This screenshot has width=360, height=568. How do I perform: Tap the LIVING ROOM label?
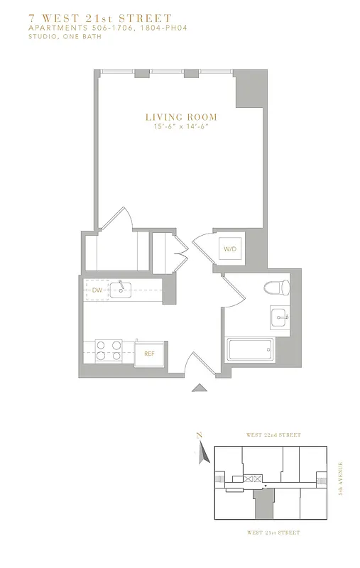[x=181, y=117]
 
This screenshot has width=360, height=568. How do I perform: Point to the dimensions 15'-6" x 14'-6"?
[x=181, y=126]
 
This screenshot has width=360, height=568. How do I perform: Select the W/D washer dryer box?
[x=230, y=249]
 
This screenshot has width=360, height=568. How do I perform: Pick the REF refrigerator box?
[x=149, y=353]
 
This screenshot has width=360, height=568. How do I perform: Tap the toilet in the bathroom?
[x=276, y=288]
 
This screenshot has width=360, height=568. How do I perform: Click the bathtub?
[x=250, y=350]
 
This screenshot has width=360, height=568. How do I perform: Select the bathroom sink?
[x=279, y=317]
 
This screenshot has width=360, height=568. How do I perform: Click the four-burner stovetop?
[x=109, y=351]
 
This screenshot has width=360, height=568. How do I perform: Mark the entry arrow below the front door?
[x=201, y=387]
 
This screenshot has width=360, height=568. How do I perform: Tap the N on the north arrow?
[x=200, y=435]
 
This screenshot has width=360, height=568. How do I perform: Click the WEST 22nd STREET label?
[x=273, y=435]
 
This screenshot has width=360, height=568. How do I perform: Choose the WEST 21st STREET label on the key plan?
[x=273, y=532]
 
